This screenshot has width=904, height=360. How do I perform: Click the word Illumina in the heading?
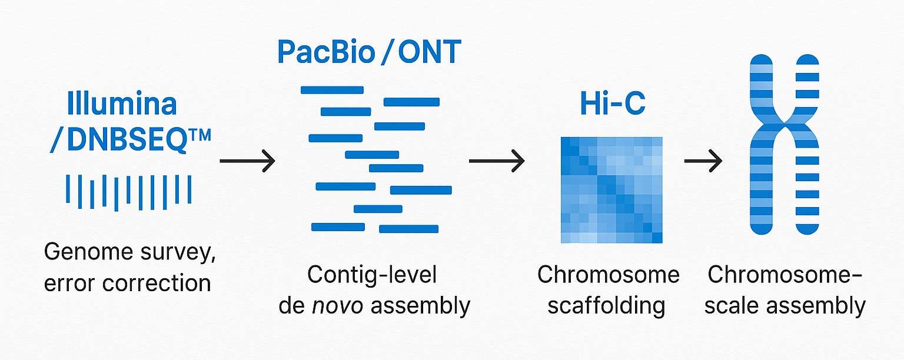coord(122,104)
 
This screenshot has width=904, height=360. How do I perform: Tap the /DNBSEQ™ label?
coord(131,141)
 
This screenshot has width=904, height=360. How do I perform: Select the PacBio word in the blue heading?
coord(326,52)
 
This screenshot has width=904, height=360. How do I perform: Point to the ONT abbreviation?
coord(429,52)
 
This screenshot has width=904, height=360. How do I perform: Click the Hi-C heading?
coord(612,104)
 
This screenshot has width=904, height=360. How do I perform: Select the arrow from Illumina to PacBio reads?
coord(247,160)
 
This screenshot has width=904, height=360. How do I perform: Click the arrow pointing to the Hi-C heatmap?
coord(497,160)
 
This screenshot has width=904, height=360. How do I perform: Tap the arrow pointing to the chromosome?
coord(703,160)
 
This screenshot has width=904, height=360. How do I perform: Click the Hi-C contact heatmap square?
coord(611,190)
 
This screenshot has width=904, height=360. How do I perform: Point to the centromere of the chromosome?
coord(783,125)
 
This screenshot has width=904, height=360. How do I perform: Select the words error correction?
coord(127,283)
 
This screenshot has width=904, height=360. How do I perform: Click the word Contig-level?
coord(372,275)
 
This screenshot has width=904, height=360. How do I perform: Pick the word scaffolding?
coord(606,306)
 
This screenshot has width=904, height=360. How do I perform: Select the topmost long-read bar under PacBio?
coord(332,90)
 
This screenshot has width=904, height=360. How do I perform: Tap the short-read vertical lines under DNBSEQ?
coord(128,192)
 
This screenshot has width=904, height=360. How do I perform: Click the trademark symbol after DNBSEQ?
coord(199,136)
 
